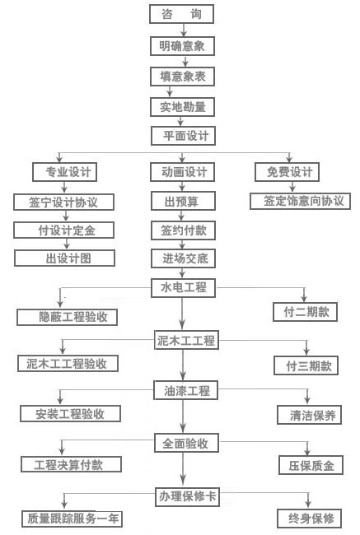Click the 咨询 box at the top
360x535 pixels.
(x=182, y=14)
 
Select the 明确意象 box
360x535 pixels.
(x=182, y=46)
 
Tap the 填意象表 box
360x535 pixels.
(x=182, y=77)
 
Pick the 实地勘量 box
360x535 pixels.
(x=182, y=107)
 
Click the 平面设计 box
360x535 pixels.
(x=184, y=136)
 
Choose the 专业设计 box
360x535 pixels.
(x=64, y=172)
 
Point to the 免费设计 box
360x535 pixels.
(x=288, y=172)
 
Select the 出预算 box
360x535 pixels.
(x=184, y=201)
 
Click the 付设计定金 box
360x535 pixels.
(x=64, y=230)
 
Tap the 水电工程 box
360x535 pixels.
(x=184, y=287)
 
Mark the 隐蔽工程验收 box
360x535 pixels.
(x=68, y=318)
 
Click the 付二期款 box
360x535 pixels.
(x=306, y=312)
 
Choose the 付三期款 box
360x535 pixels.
(x=306, y=365)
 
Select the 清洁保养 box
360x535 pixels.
(x=310, y=415)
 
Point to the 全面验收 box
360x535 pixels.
(x=186, y=443)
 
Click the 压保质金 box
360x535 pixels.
(x=311, y=465)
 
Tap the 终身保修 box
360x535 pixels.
(x=310, y=519)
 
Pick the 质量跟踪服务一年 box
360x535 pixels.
(x=72, y=519)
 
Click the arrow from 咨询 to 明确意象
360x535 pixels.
(x=184, y=30)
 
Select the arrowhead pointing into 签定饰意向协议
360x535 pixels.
(x=292, y=188)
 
